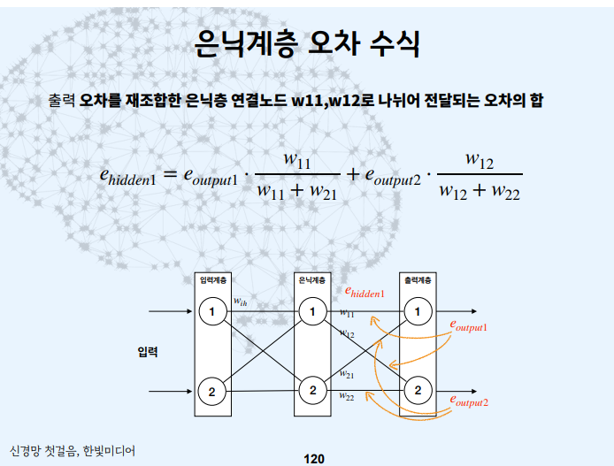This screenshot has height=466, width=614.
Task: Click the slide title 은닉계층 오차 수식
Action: [306, 44]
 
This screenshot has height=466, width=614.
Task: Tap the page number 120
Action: [314, 458]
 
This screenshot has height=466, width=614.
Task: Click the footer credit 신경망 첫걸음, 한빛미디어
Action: [72, 448]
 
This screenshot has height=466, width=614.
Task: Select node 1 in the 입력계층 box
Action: [212, 311]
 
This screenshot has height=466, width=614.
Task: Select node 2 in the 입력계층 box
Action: [212, 389]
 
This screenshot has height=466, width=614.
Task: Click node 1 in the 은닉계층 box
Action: [311, 311]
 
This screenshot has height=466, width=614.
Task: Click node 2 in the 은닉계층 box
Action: [311, 389]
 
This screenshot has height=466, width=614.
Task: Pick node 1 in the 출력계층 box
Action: [418, 311]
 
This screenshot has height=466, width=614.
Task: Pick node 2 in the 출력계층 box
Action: [418, 389]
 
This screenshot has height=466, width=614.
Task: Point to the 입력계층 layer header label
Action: [212, 279]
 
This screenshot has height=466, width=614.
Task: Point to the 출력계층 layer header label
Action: [418, 279]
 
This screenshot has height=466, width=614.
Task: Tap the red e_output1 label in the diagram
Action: [470, 327]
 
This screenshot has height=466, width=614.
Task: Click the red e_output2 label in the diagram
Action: [470, 402]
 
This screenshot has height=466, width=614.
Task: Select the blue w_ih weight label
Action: [240, 302]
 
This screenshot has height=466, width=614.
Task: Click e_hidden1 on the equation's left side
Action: [128, 175]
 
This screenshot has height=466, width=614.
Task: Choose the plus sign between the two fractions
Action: [352, 173]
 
